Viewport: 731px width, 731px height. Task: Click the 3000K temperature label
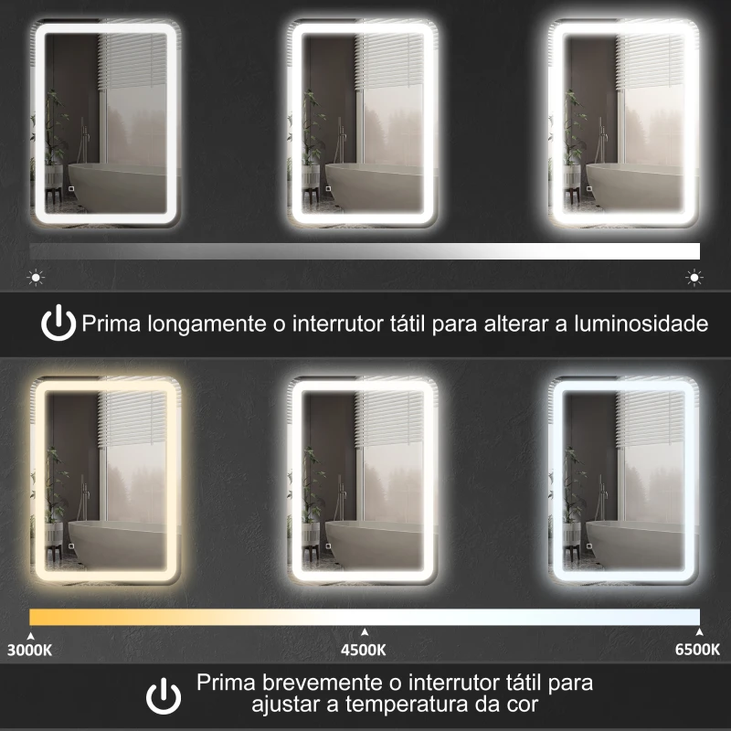pos(29,651)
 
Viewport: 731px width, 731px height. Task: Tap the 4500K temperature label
pos(364,651)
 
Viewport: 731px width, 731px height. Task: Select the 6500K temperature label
pos(697,651)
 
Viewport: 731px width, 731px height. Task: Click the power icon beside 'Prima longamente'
pos(59,323)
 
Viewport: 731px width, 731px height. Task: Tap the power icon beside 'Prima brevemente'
pos(164,695)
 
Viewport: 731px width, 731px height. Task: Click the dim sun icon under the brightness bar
pos(36,277)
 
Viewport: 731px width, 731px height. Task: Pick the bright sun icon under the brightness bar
pos(694,277)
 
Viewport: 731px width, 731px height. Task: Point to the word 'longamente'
pos(198,323)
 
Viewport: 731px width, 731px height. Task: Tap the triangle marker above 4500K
pos(364,631)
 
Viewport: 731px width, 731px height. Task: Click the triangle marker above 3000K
pos(30,631)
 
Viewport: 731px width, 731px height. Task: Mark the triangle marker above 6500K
pos(699,631)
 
